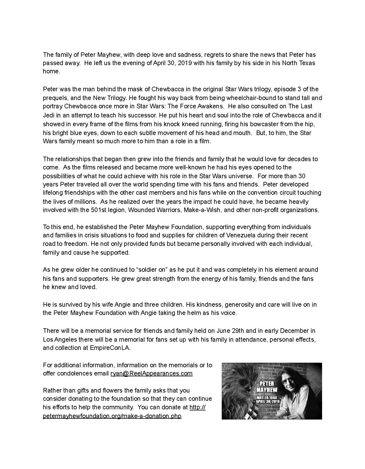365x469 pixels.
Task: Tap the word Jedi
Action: pyautogui.click(x=49, y=115)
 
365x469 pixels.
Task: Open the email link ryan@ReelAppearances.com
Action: pyautogui.click(x=152, y=373)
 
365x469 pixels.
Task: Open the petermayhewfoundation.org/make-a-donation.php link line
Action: pyautogui.click(x=112, y=416)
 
